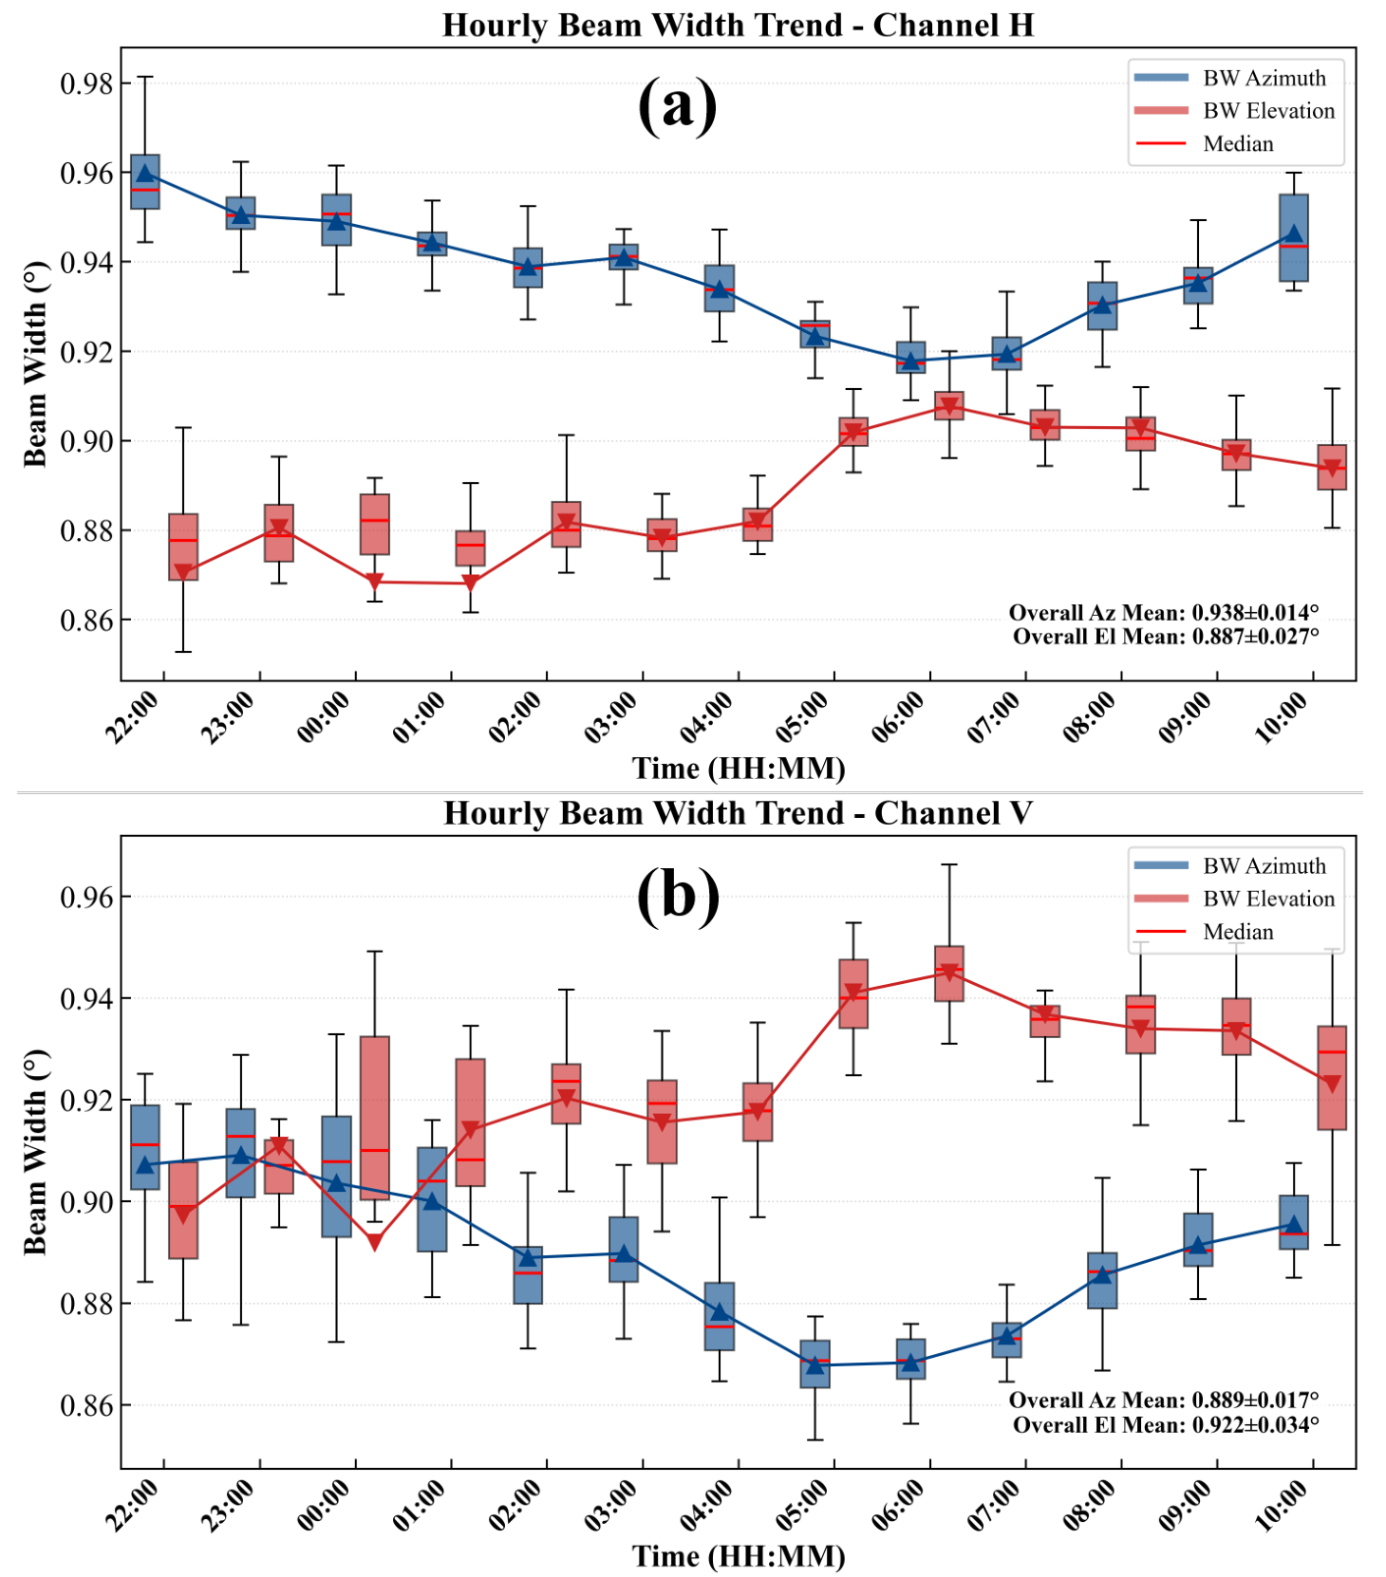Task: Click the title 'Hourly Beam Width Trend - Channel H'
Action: (738, 25)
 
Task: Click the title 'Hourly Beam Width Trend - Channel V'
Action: (738, 813)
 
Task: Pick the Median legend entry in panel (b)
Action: (1204, 932)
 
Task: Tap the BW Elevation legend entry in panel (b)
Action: (1235, 899)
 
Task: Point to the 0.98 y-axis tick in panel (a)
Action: (86, 83)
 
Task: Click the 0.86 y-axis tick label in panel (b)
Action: (86, 1405)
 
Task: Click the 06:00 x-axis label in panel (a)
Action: (897, 717)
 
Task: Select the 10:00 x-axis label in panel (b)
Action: (1281, 1506)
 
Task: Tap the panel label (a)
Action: (677, 105)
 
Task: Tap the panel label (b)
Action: (678, 895)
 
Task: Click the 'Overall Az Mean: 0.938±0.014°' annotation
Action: (1164, 612)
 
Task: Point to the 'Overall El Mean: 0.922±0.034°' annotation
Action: (1166, 1424)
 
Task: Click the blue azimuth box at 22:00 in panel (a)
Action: (144, 181)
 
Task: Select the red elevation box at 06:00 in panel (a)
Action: (949, 405)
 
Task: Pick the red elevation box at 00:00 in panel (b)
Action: (375, 1118)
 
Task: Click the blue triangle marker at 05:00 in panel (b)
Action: (815, 1365)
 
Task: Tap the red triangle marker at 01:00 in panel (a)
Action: (471, 583)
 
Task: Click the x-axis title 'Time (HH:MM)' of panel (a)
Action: (739, 768)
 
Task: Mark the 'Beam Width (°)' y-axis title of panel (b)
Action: (35, 1152)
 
